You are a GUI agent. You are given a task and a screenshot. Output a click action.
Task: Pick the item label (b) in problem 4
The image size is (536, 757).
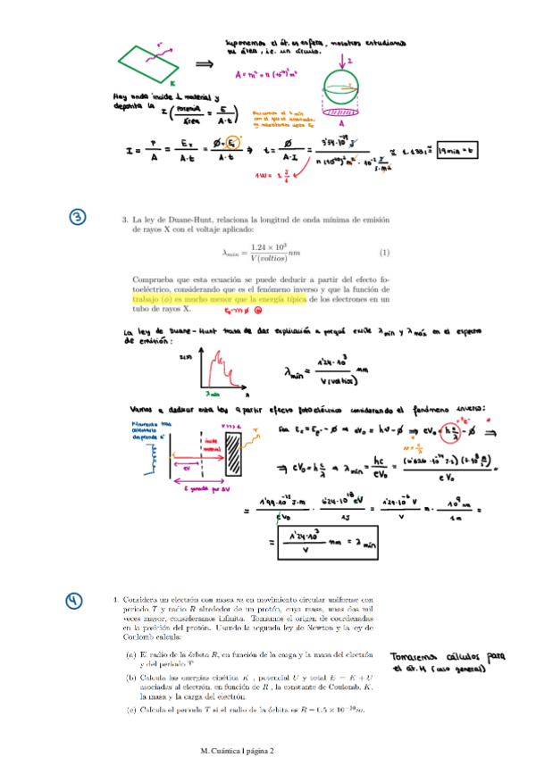point(130,678)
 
